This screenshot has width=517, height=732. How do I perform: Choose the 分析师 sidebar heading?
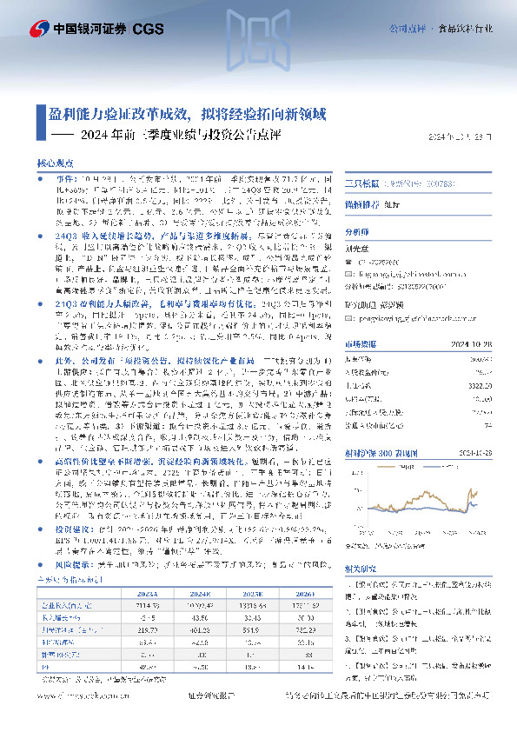(358, 233)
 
